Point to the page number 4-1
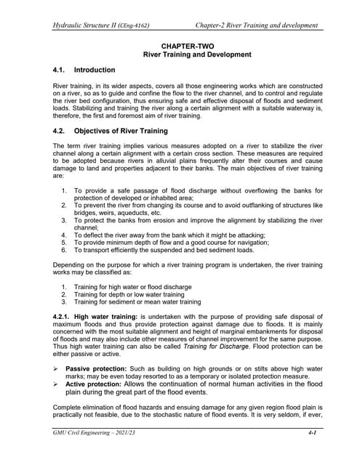(x=312, y=453)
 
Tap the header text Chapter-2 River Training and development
(x=257, y=25)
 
